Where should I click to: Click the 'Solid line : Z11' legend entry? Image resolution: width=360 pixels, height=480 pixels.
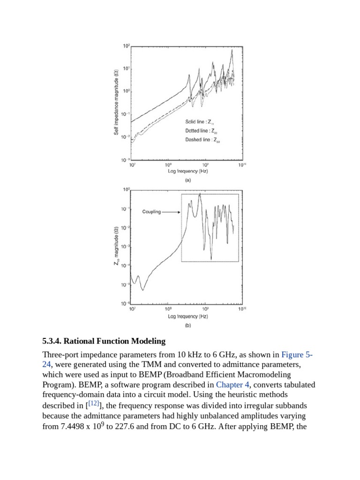(200, 122)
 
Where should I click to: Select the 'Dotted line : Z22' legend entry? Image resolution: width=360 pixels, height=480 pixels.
(201, 131)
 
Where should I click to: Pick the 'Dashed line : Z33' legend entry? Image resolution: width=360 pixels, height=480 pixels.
(202, 140)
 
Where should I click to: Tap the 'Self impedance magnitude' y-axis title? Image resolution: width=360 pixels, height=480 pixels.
(116, 102)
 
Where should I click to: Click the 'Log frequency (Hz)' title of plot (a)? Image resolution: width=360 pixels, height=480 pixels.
(187, 171)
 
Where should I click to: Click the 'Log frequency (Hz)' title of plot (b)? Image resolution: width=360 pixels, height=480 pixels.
(187, 316)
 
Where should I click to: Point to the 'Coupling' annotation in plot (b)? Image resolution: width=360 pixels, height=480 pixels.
(151, 212)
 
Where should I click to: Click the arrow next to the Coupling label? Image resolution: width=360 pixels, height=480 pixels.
(172, 212)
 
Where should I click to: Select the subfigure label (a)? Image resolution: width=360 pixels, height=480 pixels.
(187, 180)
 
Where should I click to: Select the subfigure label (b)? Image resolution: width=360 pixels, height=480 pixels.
(187, 325)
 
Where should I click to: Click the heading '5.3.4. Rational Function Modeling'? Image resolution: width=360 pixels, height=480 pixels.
(104, 341)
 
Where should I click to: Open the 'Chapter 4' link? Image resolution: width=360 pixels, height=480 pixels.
(232, 385)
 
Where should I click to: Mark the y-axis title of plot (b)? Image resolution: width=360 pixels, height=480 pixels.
(116, 246)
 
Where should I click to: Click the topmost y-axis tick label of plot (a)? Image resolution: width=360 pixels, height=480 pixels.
(126, 46)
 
